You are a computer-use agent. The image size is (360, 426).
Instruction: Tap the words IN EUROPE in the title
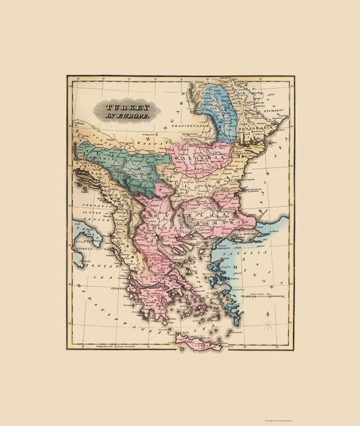click(126, 117)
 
